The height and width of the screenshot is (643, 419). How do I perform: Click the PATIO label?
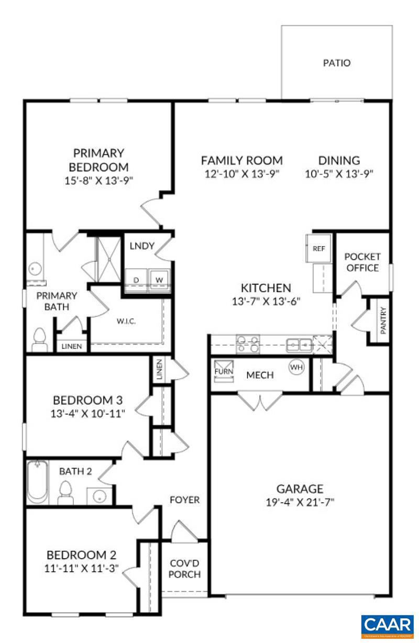(336, 63)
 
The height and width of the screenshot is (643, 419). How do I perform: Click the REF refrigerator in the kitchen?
(318, 249)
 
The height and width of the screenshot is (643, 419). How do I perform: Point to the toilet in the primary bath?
(39, 340)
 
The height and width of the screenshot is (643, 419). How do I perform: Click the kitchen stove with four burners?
(247, 345)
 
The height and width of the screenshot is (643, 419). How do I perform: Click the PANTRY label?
(383, 320)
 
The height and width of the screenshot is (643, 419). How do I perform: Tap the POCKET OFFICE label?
(362, 262)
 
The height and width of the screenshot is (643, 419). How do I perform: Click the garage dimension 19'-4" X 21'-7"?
(300, 502)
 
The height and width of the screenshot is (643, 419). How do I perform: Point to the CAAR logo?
(387, 626)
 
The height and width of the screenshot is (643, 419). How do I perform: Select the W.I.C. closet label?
(126, 321)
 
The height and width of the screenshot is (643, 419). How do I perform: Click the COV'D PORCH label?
(185, 569)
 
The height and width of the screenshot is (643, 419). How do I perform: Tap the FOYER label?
(184, 500)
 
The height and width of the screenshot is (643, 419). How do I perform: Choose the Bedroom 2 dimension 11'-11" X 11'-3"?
(82, 568)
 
